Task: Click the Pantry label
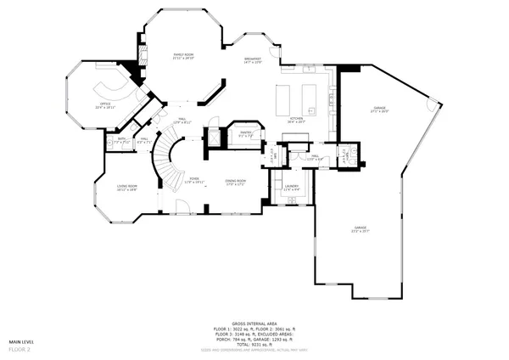(246, 133)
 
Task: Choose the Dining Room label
(235, 182)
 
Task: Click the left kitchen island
(287, 93)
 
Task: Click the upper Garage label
(379, 110)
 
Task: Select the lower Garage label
(361, 229)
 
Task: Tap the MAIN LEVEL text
(24, 341)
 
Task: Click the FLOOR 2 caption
(20, 349)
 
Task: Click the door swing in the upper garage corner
(434, 106)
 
